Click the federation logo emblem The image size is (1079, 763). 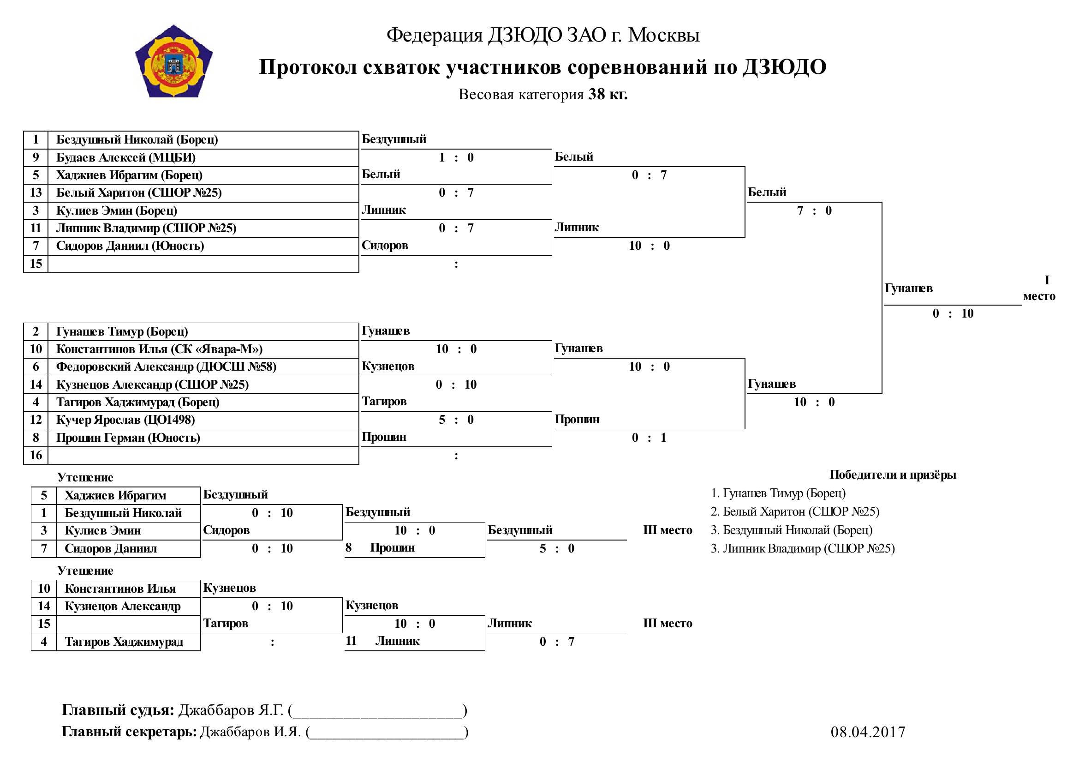point(174,61)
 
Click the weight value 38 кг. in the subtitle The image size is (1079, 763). point(608,95)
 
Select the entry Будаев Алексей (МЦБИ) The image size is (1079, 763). point(125,157)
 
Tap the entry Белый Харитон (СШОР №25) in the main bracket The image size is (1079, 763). point(139,193)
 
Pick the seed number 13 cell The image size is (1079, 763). point(36,193)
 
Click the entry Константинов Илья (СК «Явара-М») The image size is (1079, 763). point(159,349)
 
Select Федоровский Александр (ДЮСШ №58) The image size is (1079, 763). point(166,366)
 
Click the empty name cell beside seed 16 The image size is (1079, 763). point(203,456)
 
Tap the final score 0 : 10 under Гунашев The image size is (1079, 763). point(953,313)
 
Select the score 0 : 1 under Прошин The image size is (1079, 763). point(649,438)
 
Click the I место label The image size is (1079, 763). point(1039,288)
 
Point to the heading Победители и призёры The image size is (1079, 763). point(893,475)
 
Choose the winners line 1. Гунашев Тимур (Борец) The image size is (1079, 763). point(778,493)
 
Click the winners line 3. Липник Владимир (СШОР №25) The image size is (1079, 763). point(803,549)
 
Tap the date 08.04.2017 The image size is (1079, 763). point(868,732)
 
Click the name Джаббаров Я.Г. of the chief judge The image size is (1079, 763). point(231,710)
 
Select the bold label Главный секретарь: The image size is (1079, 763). point(129,732)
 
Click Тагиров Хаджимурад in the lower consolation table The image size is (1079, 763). point(124,642)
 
